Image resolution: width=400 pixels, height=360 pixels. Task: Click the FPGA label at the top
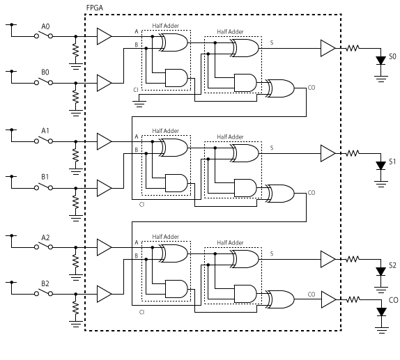pos(95,8)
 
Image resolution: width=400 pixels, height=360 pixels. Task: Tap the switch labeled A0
pos(44,35)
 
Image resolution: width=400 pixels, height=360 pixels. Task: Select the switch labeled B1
pos(44,187)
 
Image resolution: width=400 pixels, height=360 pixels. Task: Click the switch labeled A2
pos(44,246)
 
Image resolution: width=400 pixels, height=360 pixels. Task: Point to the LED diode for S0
pos(381,61)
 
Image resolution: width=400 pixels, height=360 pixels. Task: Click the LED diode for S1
pos(381,166)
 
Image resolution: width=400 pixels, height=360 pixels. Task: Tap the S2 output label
pos(392,266)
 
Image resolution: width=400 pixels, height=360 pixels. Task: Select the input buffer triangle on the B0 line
pos(104,83)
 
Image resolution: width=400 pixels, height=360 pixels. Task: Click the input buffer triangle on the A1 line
pos(104,141)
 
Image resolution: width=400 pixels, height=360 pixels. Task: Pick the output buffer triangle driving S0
pos(328,48)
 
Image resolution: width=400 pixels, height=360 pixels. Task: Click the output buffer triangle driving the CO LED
pos(329,299)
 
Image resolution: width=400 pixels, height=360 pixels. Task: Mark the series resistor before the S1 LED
pos(353,153)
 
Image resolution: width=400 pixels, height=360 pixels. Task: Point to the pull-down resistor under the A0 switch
pos(75,50)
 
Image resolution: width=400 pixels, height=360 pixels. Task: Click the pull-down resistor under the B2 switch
pos(75,308)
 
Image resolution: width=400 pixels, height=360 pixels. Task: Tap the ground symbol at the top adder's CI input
pos(139,104)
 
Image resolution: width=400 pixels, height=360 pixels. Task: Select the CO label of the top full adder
pos(311,88)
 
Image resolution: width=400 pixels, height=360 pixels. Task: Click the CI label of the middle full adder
pos(142,205)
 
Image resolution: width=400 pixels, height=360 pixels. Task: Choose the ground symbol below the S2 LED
pos(381,290)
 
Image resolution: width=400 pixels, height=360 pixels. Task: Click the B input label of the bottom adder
pos(136,256)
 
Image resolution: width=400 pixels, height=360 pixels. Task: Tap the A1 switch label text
pos(45,131)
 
